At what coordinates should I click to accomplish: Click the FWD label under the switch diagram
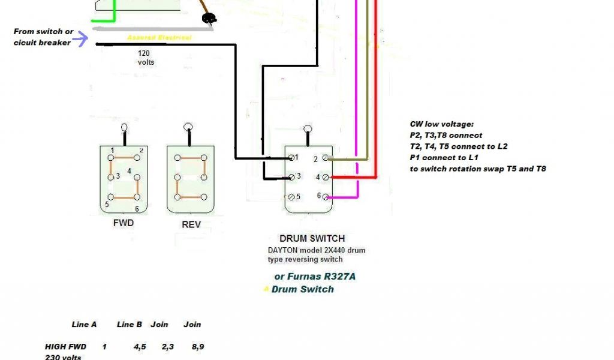click(123, 223)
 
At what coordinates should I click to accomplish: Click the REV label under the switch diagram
click(191, 225)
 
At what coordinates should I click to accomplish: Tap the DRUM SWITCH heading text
click(312, 238)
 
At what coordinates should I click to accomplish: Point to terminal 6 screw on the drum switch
click(326, 196)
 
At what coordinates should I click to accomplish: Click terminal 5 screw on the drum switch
click(291, 197)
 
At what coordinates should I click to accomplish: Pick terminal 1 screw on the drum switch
click(291, 157)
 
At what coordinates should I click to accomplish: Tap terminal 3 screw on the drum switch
click(291, 177)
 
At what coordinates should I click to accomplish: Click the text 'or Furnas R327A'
click(318, 277)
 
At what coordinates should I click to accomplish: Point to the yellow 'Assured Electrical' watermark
click(159, 38)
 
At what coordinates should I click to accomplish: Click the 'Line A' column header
click(84, 325)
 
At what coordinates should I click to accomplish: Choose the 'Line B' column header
click(130, 325)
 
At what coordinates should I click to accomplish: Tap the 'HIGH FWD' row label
click(65, 347)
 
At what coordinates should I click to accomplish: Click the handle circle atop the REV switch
click(188, 127)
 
